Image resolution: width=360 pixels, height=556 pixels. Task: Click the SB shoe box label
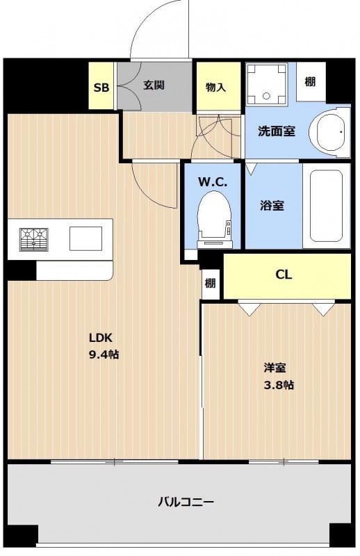pos(101,88)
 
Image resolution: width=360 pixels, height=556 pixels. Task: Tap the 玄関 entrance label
pos(154,85)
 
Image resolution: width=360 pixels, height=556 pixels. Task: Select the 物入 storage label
pos(215,87)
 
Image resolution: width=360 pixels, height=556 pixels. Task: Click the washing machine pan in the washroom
pos(267,84)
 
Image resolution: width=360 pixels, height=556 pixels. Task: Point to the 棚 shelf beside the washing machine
pos(311,81)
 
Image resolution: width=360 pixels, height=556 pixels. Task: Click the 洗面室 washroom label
pos(277,131)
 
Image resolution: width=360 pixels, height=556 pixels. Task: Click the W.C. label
pos(213,182)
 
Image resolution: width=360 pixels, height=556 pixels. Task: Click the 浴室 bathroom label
pos(272,205)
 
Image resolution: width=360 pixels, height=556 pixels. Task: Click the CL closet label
pos(284,275)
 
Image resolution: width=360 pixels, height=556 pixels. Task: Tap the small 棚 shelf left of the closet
pos(211,284)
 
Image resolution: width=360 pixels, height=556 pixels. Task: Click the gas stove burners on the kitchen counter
pos(33,239)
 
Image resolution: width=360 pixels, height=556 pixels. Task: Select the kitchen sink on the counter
pos(85,238)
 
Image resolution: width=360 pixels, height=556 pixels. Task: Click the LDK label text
pos(100,338)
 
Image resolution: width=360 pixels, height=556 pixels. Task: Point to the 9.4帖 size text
pos(104,354)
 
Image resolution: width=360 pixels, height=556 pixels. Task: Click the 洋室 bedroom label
pos(275,368)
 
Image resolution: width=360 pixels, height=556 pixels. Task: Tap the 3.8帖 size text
pos(279,385)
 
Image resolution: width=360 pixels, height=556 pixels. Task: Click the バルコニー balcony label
pos(186,502)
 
